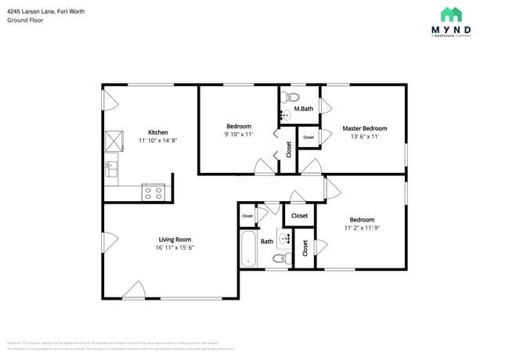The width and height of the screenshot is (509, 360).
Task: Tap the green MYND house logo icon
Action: click(x=450, y=14)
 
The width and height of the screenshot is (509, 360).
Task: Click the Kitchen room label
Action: click(x=159, y=132)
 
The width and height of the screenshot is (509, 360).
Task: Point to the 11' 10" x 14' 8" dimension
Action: click(x=159, y=141)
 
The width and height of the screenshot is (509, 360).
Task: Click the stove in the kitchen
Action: click(x=153, y=191)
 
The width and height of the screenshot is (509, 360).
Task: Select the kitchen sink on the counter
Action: click(x=110, y=166)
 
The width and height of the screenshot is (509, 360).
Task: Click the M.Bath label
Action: click(x=304, y=109)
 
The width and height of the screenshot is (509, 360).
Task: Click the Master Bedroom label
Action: click(x=364, y=128)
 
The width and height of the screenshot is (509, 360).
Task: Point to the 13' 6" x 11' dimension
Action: click(x=364, y=137)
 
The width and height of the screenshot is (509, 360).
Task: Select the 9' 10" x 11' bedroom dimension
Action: click(x=239, y=135)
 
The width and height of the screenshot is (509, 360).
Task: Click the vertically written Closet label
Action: click(x=288, y=149)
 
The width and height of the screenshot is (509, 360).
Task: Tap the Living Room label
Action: click(x=175, y=239)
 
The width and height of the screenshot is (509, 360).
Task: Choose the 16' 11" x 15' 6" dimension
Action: click(x=175, y=248)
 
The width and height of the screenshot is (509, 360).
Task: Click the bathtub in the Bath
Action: click(x=248, y=249)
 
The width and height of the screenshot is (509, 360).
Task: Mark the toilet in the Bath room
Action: click(x=287, y=257)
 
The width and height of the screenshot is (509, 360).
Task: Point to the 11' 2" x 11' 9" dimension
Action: click(x=362, y=229)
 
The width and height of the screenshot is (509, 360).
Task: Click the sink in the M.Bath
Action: click(x=284, y=115)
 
